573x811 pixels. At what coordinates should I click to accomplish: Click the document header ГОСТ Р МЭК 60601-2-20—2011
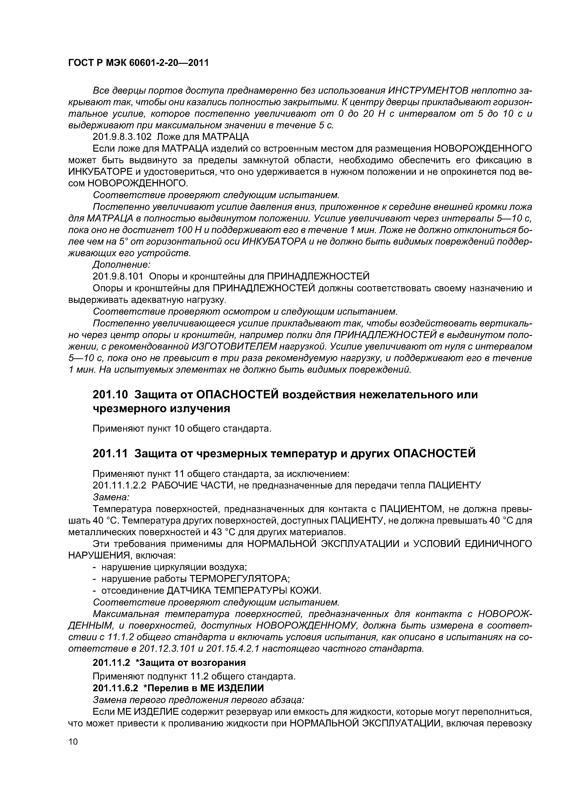click(138, 63)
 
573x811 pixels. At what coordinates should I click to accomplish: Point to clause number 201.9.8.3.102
click(122, 137)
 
